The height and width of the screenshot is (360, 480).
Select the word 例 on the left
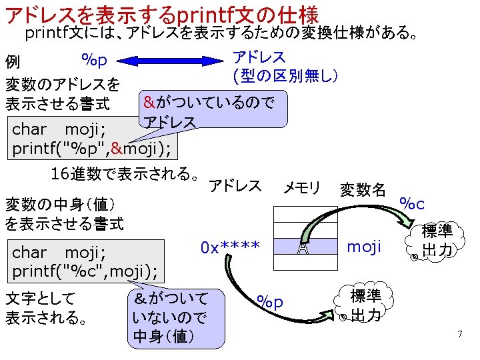pos(13,63)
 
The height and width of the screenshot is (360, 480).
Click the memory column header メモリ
pos(302,187)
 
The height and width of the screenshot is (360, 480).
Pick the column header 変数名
pos(363,189)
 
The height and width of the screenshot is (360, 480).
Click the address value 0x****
pos(230,247)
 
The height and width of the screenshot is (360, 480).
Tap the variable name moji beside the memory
pos(365,247)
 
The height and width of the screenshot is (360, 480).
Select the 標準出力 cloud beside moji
pos(437,241)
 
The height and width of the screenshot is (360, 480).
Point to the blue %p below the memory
pos(270,302)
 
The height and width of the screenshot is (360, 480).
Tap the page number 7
pos(459,333)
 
